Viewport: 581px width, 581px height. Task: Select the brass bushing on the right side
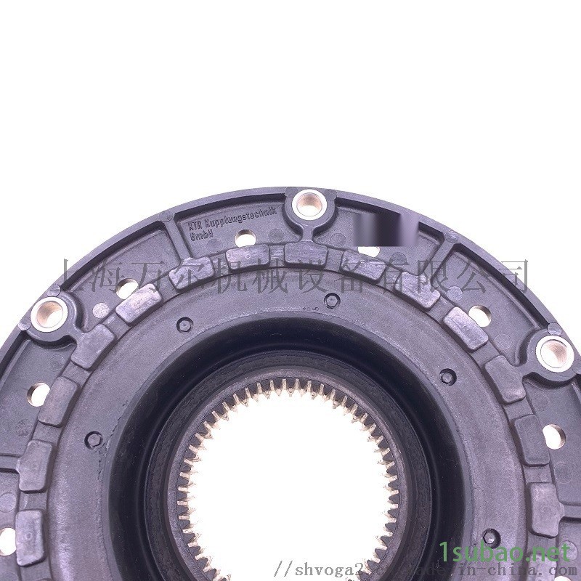click(x=554, y=352)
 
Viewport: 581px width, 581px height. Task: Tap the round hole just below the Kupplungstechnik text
click(x=245, y=237)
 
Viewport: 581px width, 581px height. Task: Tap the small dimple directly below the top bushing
click(x=331, y=300)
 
